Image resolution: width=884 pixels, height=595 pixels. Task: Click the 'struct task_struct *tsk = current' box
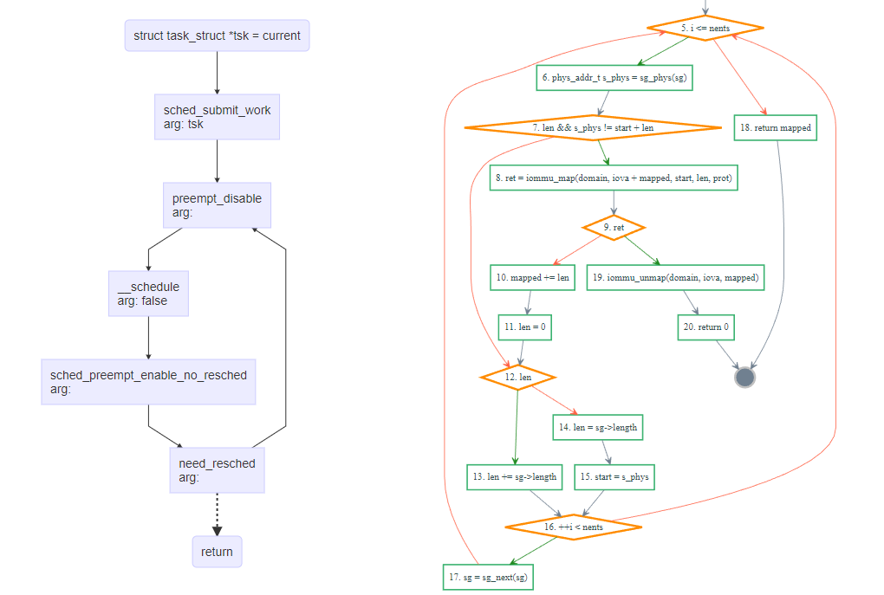[x=217, y=36]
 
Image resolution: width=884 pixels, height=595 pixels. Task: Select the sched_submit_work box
[x=217, y=117]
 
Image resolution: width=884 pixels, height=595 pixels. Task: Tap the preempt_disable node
[x=217, y=205]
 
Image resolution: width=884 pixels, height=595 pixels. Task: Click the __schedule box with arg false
[x=148, y=294]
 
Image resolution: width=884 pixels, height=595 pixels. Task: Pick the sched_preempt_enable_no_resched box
[x=148, y=381]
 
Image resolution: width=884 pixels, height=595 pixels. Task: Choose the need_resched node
[x=217, y=470]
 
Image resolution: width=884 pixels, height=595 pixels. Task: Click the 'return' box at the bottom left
[x=217, y=552]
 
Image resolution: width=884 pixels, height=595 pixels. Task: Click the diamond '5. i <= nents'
[x=705, y=29]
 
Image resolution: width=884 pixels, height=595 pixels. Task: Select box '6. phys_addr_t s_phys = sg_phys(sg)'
[x=614, y=78]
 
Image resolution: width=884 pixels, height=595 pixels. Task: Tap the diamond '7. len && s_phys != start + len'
[x=593, y=127]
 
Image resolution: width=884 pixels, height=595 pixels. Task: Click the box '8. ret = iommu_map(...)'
[x=614, y=178]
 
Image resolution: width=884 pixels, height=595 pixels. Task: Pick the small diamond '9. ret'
[x=614, y=228]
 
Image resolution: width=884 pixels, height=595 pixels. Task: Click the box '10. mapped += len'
[x=532, y=278]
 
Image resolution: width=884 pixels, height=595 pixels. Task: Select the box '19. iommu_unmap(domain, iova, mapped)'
[x=675, y=278]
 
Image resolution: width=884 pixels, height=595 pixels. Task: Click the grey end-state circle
[x=744, y=378]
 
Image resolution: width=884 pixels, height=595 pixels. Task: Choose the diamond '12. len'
[x=517, y=378]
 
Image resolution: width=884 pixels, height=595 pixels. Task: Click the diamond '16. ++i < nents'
[x=573, y=527]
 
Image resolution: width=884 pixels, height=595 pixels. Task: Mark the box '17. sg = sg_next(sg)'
[x=488, y=577]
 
